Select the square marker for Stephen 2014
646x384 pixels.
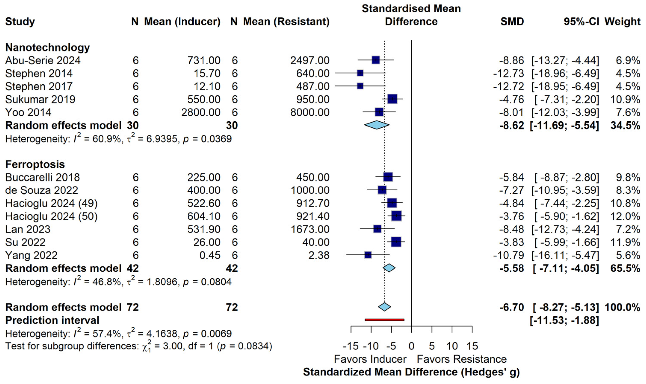coord(360,73)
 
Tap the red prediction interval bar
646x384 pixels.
coord(384,320)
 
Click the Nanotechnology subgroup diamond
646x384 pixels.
coord(377,125)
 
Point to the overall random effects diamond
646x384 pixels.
coord(384,307)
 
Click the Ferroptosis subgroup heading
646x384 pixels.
coord(35,164)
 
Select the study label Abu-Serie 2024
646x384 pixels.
coord(43,60)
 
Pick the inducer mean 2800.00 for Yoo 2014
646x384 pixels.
coord(201,112)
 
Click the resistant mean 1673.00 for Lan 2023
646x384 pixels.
coord(310,229)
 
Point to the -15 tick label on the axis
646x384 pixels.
coord(351,346)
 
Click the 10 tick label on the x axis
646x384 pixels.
coord(452,346)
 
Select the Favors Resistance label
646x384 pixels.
coord(462,359)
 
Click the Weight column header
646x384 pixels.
coord(622,22)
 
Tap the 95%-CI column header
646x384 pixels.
coord(581,22)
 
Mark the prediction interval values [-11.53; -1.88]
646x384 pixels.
coord(564,320)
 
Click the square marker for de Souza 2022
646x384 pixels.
coord(382,190)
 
